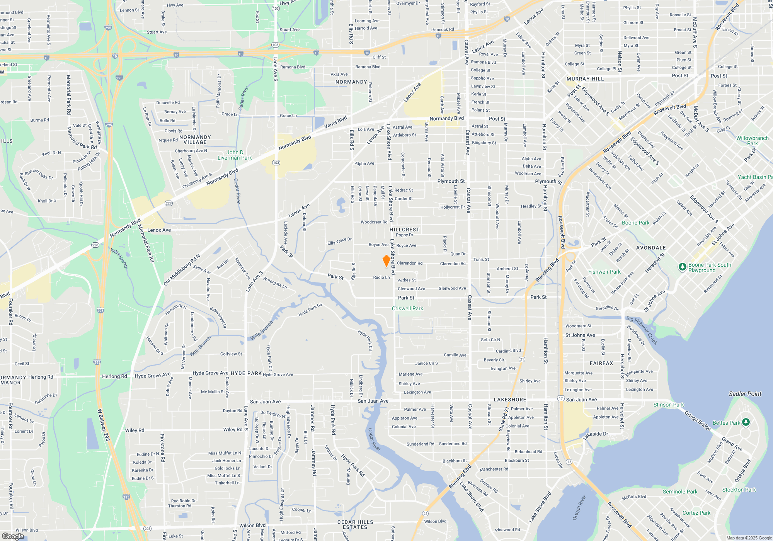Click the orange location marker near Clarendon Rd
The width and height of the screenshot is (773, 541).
tap(386, 261)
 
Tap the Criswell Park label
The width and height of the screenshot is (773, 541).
tap(407, 309)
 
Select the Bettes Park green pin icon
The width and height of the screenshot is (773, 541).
tap(746, 422)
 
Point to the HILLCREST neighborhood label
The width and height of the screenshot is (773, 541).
tap(404, 230)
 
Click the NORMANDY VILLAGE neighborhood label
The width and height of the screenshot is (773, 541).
tap(195, 140)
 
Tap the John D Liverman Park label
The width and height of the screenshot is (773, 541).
tap(235, 155)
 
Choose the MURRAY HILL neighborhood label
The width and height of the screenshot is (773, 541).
tap(585, 79)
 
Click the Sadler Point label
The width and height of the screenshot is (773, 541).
tap(745, 394)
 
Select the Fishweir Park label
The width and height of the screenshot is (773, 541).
tap(604, 272)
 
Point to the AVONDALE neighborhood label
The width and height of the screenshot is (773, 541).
tap(651, 248)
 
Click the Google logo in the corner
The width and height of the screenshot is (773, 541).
tap(13, 536)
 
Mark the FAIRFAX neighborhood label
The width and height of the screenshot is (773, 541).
tap(601, 363)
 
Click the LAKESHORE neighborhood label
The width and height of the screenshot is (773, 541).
tap(510, 400)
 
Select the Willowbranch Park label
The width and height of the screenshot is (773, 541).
tap(752, 141)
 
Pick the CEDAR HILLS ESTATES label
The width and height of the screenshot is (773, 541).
tap(355, 524)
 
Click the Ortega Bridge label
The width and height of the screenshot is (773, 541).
tap(698, 421)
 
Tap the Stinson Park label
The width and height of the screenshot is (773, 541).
tap(668, 405)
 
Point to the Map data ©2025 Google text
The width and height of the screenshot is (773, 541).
tap(749, 538)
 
